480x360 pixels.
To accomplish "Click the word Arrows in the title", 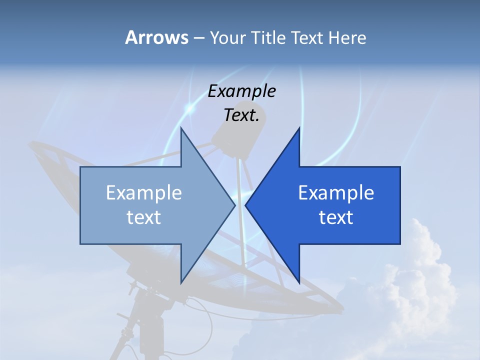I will pyautogui.click(x=156, y=37).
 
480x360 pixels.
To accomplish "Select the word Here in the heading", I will pyautogui.click(x=347, y=38).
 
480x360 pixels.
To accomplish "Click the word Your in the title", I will pyautogui.click(x=227, y=38).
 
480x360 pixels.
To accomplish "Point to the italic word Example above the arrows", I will pyautogui.click(x=241, y=91).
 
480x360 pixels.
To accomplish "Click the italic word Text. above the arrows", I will pyautogui.click(x=241, y=115).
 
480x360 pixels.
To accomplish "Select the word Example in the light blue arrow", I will pyautogui.click(x=144, y=193).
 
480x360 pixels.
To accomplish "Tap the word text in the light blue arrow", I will pyautogui.click(x=144, y=217).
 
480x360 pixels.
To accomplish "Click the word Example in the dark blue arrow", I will pyautogui.click(x=336, y=193).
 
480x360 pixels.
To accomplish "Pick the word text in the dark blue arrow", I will pyautogui.click(x=336, y=217).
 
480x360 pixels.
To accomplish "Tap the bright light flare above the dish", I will pyautogui.click(x=189, y=107).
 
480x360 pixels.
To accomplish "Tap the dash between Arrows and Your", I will pyautogui.click(x=198, y=38).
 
